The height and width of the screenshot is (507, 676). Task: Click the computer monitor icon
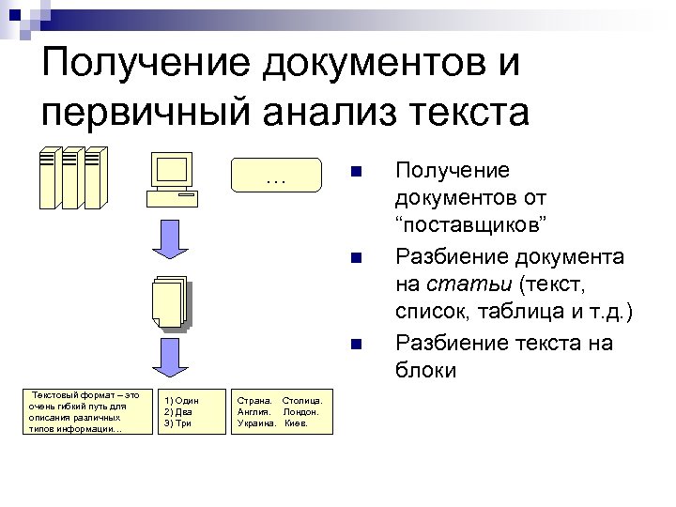pyautogui.click(x=173, y=178)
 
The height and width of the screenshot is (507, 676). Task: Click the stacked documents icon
pyautogui.click(x=171, y=302)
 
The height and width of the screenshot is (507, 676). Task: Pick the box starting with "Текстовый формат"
pyautogui.click(x=84, y=411)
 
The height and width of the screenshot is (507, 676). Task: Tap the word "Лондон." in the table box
pyautogui.click(x=301, y=411)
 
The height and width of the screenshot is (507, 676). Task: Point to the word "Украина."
pyautogui.click(x=256, y=423)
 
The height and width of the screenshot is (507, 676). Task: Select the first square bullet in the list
pyautogui.click(x=354, y=172)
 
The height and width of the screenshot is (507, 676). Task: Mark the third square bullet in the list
pyautogui.click(x=354, y=343)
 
